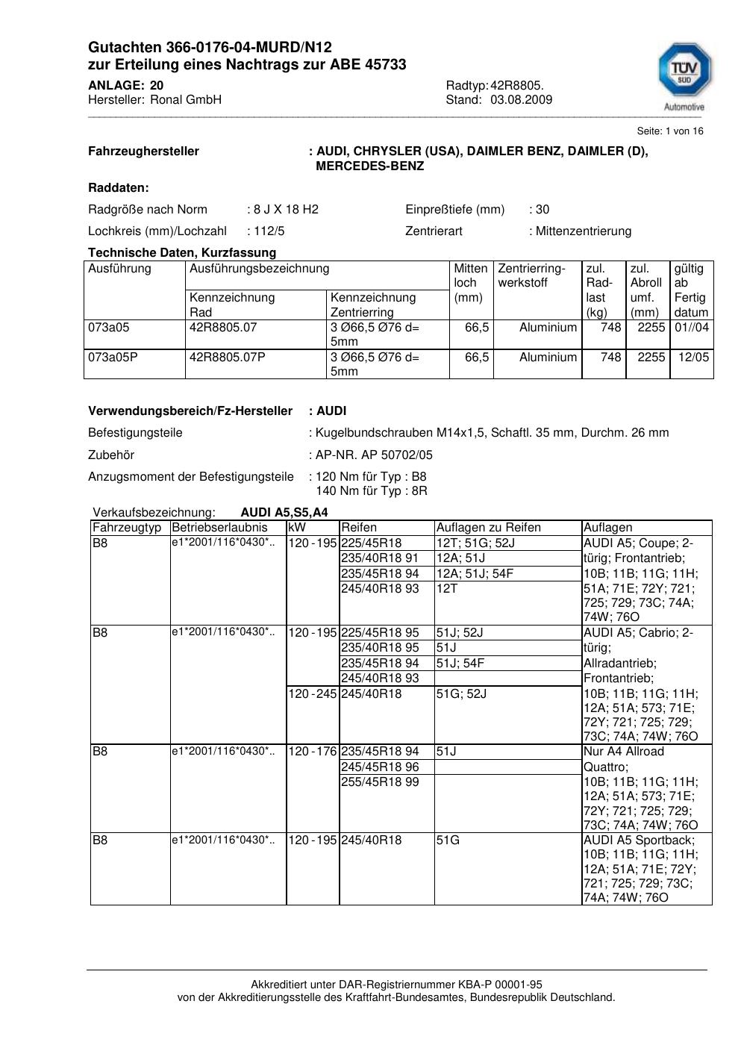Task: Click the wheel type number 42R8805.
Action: tap(516, 85)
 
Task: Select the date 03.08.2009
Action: tap(521, 99)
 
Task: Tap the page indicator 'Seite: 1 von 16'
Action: tap(669, 131)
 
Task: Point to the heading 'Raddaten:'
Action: tap(119, 188)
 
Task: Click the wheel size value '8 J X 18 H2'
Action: tap(286, 209)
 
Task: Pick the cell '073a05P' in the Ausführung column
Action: tap(113, 357)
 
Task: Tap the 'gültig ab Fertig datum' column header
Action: tap(691, 290)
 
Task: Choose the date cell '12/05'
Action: tap(693, 357)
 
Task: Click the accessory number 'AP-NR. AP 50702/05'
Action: tap(374, 455)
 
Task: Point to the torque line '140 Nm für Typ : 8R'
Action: tap(372, 491)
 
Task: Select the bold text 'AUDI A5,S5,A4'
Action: tap(284, 513)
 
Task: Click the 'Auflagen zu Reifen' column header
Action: tap(488, 528)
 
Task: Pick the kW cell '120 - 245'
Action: tap(313, 693)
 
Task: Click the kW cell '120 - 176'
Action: tap(313, 751)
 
